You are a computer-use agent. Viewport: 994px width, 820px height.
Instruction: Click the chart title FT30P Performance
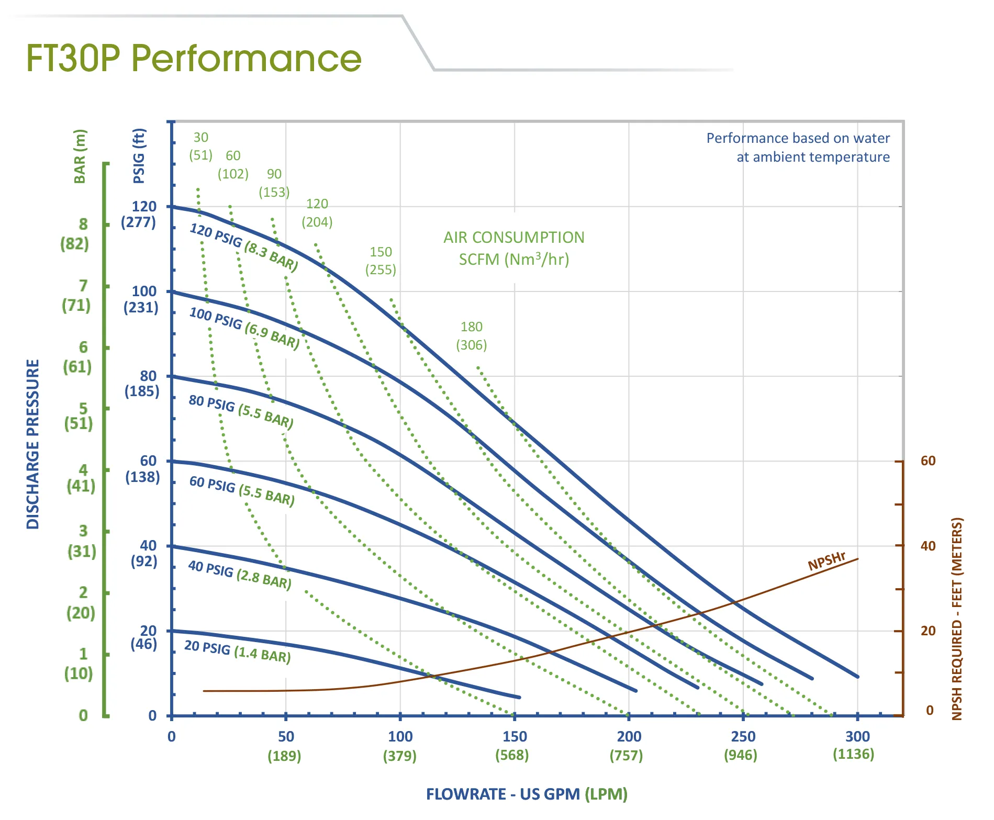coord(194,58)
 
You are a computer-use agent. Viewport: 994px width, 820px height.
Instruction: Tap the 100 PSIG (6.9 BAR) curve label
coord(244,328)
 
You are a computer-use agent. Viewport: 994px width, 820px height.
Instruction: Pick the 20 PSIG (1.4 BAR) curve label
coord(237,651)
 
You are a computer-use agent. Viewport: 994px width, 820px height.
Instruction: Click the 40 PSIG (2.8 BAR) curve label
coord(240,575)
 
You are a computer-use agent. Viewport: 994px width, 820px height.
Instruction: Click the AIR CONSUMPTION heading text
coord(513,238)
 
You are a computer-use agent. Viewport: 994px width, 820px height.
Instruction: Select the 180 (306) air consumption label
coord(471,336)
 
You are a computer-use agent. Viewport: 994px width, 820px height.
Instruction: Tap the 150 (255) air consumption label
coord(381,261)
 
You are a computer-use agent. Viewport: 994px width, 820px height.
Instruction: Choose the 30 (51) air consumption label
coord(200,146)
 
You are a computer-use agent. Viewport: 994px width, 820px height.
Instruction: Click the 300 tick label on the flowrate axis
coord(857,737)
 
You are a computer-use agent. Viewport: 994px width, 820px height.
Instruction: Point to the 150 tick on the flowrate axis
coord(514,737)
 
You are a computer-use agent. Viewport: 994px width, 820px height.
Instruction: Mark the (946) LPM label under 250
coord(740,755)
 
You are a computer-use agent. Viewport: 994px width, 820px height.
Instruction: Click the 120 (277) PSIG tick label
coord(140,214)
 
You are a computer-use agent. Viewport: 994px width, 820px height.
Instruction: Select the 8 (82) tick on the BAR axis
coord(76,234)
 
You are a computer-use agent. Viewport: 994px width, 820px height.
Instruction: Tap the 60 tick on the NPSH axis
coord(928,461)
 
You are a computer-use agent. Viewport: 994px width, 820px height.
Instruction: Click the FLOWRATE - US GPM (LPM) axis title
coord(526,794)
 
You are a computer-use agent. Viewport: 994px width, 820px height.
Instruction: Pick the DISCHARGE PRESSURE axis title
coord(33,444)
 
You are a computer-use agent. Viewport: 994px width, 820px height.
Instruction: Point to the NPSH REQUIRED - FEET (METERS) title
coord(957,619)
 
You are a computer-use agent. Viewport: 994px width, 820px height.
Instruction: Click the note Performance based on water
coord(798,139)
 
